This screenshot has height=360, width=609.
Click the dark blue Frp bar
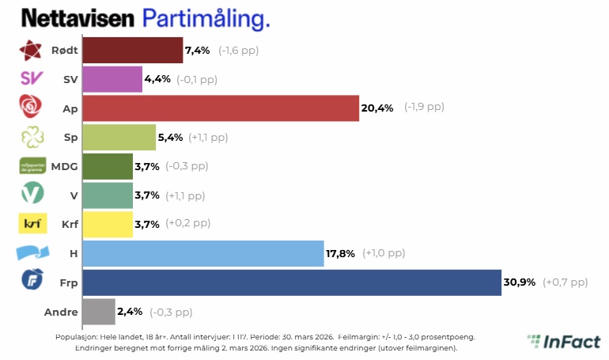[x=291, y=282]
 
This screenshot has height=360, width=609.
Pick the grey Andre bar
[x=98, y=312]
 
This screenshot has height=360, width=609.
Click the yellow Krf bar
[x=107, y=224]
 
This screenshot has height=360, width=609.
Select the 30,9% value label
[x=520, y=282]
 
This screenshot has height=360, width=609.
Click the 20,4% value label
[x=377, y=108]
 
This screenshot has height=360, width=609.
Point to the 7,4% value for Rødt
[x=198, y=51]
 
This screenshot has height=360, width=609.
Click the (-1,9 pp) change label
[x=424, y=108]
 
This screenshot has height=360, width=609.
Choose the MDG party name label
[x=64, y=166]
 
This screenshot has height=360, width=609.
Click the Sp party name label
[x=70, y=137]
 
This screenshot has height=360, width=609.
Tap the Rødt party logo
[x=30, y=51]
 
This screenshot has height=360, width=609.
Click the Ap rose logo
[x=30, y=106]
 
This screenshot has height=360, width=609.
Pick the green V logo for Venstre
[x=30, y=194]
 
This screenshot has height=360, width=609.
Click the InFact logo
[x=563, y=342]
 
